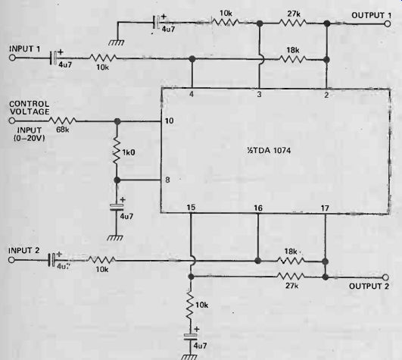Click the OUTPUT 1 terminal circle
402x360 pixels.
coord(388,23)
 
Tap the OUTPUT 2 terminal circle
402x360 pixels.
coord(385,277)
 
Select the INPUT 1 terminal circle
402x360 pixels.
coord(12,58)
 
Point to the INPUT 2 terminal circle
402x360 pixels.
coord(11,260)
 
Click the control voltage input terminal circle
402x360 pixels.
coord(12,121)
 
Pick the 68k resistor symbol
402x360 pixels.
coord(62,121)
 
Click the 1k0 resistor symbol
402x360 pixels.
coord(117,152)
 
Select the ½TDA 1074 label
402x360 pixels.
coord(269,150)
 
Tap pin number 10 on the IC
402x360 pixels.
coord(170,121)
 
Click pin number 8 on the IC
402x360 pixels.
coord(167,180)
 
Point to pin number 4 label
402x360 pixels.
coord(192,94)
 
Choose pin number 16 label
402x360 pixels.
coord(258,208)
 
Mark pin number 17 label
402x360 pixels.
coord(325,208)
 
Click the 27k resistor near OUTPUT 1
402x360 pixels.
coord(293,23)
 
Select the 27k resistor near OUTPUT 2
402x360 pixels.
coord(291,277)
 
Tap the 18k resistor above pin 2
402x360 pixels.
coord(292,60)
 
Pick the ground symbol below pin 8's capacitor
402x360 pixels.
coord(115,238)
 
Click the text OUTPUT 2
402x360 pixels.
coord(369,286)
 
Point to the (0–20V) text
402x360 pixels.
coord(30,138)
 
